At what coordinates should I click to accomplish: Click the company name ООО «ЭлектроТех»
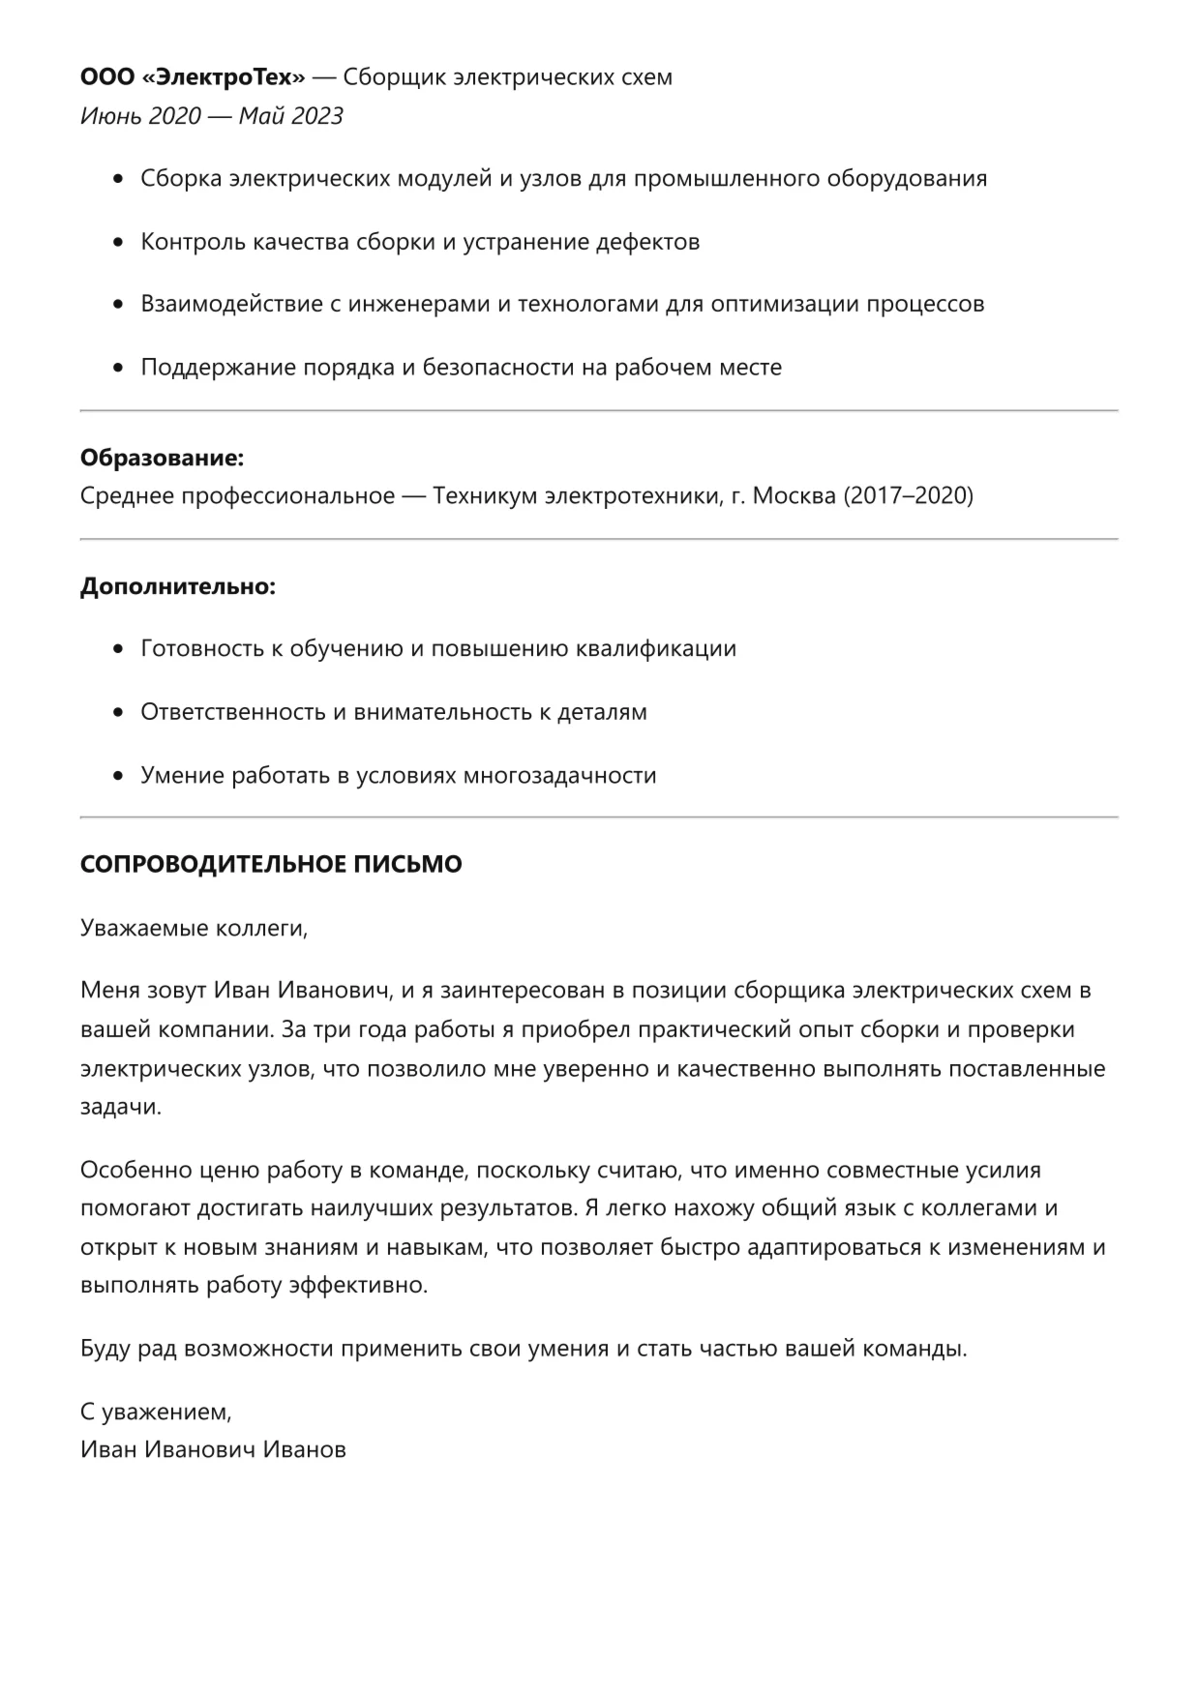(x=192, y=77)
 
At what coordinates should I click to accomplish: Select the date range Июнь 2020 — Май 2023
(x=211, y=116)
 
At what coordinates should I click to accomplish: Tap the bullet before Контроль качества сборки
(x=119, y=242)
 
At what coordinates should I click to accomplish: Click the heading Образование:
(x=162, y=457)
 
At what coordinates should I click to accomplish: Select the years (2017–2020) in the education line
(x=908, y=496)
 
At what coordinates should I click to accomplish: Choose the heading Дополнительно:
(x=177, y=586)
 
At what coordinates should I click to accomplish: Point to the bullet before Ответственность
(x=119, y=713)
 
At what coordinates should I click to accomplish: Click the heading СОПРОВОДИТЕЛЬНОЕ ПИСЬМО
(x=271, y=865)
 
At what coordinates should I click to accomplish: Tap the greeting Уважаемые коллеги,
(x=194, y=929)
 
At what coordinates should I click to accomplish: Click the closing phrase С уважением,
(x=156, y=1413)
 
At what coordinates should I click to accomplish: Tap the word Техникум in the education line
(x=484, y=496)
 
